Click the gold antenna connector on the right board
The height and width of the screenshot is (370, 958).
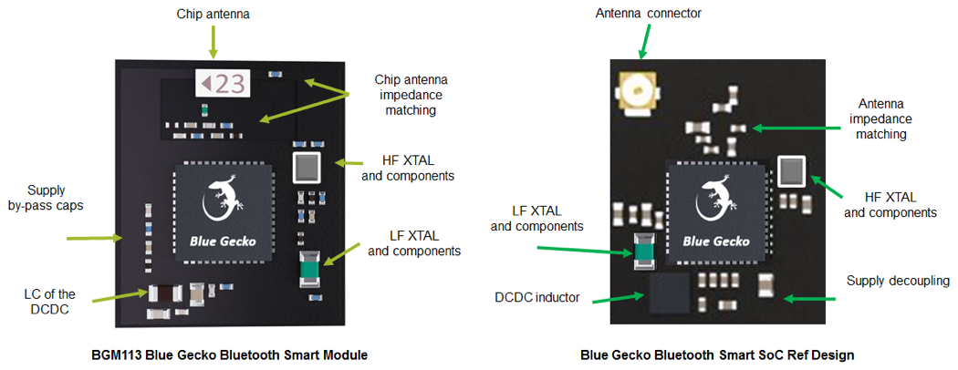pyautogui.click(x=635, y=93)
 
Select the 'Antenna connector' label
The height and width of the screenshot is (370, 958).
pyautogui.click(x=649, y=14)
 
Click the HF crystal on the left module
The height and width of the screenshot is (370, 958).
pyautogui.click(x=307, y=166)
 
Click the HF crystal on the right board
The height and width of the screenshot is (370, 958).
pyautogui.click(x=792, y=170)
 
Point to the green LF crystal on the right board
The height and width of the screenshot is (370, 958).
pyautogui.click(x=644, y=247)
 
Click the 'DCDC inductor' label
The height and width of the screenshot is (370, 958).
pyautogui.click(x=536, y=297)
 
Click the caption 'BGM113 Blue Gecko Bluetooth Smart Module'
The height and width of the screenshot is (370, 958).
pyautogui.click(x=229, y=355)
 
